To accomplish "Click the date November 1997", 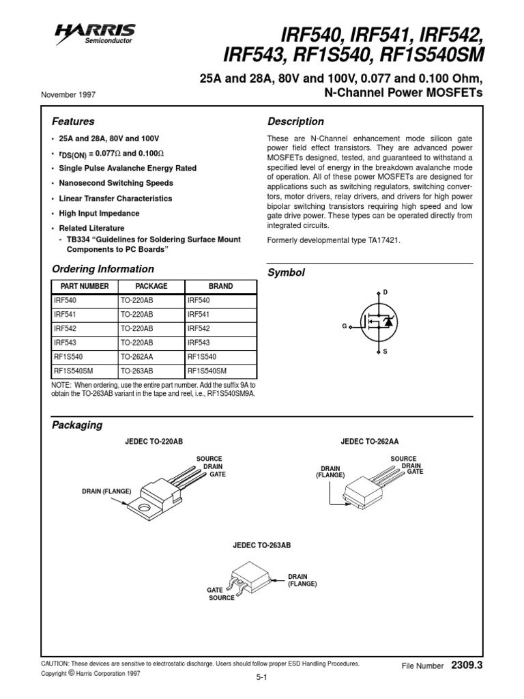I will [x=68, y=94].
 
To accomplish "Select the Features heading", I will [x=73, y=122].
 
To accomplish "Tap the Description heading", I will [x=295, y=122].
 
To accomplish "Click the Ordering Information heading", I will [x=103, y=269].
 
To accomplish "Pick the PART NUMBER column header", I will [x=85, y=287].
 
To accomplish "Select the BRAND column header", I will [x=220, y=287].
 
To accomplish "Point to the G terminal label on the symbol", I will [x=345, y=327].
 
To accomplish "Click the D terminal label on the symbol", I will [x=385, y=292].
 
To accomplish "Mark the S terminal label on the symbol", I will [x=385, y=352].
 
